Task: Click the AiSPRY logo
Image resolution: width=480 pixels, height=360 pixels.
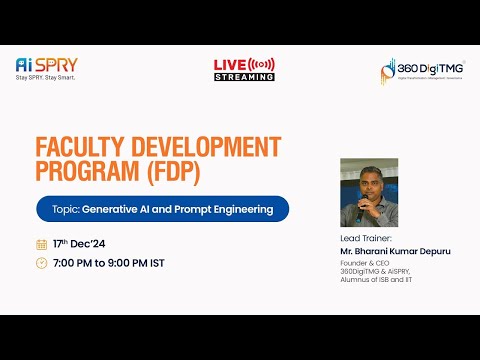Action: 46,64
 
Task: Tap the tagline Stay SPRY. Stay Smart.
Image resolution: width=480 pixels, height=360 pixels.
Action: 46,77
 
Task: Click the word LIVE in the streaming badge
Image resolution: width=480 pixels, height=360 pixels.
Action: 230,65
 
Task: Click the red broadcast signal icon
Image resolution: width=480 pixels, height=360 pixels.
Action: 261,65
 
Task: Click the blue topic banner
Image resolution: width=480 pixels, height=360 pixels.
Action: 161,210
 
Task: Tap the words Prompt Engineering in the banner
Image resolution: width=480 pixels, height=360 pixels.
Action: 226,210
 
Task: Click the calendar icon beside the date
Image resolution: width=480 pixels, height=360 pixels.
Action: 41,244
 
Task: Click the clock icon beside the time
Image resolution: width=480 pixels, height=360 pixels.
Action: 41,263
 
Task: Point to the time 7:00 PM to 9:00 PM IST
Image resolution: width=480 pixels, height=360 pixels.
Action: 109,263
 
